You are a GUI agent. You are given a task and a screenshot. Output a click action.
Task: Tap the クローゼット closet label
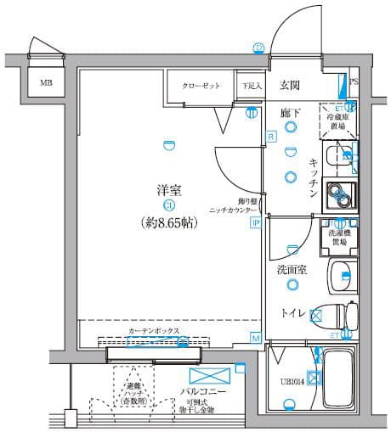(201, 85)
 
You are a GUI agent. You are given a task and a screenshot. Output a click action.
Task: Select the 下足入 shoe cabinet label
(249, 85)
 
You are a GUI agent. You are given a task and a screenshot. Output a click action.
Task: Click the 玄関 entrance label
(290, 85)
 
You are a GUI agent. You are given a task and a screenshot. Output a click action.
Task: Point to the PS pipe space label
(354, 82)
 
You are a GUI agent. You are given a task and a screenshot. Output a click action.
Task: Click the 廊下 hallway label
(290, 110)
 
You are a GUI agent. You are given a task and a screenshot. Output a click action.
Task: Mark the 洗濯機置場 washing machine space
(337, 237)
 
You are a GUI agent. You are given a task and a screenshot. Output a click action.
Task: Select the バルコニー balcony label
(201, 393)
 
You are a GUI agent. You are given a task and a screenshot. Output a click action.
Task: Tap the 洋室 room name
(167, 190)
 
